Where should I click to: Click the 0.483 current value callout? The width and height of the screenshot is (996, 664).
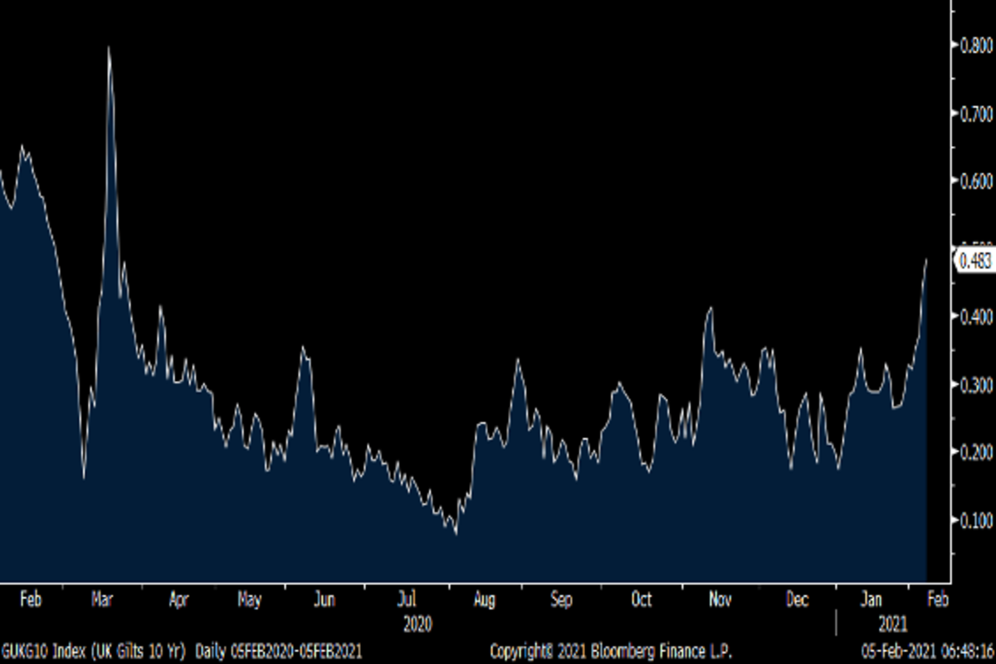coord(974,261)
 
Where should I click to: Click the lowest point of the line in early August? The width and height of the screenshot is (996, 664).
coord(456,533)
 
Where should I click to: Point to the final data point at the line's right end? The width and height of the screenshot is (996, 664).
coord(926,260)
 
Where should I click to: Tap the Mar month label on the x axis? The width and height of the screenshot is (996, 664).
coord(103,599)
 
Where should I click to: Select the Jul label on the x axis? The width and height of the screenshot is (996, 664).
coord(407,599)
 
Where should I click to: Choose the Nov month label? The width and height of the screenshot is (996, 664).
coord(720,599)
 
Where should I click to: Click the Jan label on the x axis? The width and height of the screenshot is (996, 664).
coord(871,599)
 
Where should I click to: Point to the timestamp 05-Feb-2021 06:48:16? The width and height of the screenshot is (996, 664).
coord(927,650)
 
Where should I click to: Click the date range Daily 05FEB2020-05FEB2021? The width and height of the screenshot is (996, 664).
coord(278,650)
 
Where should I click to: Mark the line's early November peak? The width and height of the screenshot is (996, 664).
coord(710,308)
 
